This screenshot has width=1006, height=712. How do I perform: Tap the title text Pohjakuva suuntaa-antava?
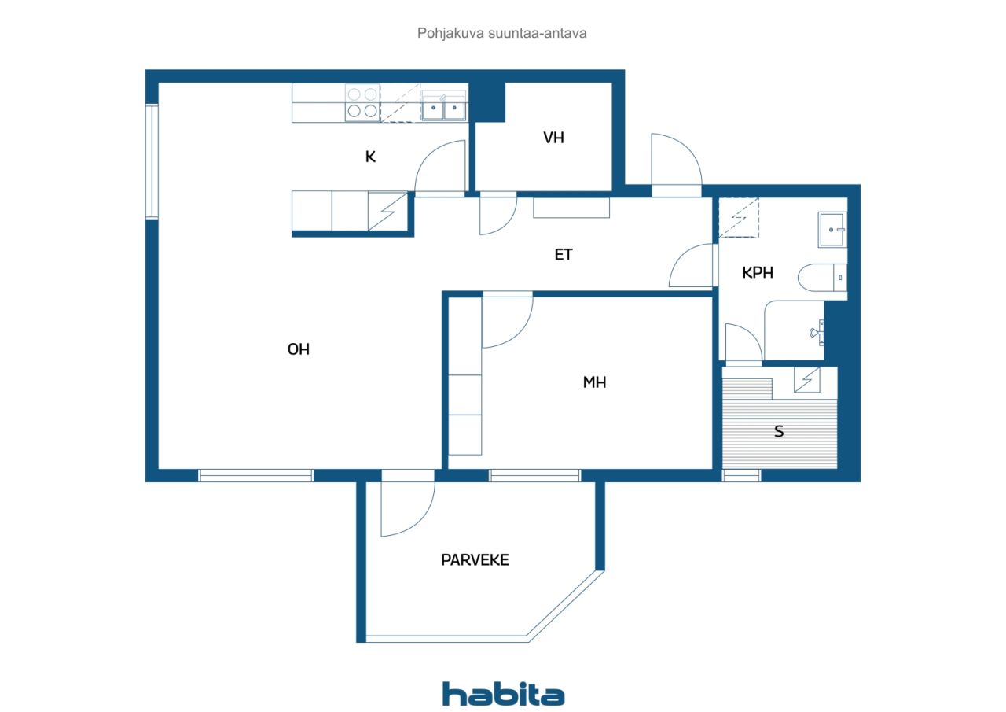coord(501,33)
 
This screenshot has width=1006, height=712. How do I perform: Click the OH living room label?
coord(298,349)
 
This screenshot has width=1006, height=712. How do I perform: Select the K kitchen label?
coord(370,157)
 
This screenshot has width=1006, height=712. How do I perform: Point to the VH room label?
coord(553,138)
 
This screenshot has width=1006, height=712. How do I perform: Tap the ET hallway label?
coord(564,255)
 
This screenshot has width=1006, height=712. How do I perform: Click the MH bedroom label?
coord(594,382)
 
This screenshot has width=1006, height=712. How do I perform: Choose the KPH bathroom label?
coord(757,272)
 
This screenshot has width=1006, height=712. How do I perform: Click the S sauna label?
coord(779,431)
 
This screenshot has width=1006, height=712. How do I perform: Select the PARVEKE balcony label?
coord(475,559)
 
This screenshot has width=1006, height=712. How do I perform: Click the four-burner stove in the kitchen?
coord(362,102)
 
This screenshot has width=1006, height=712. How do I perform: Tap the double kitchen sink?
coord(443,106)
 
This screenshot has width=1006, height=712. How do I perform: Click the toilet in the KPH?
coord(822,278)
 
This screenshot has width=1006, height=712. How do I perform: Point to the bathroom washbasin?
coord(832,230)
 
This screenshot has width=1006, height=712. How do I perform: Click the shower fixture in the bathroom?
coord(817,333)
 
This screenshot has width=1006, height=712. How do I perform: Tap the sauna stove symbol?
coord(806,380)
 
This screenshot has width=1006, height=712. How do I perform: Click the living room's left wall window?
coord(152,161)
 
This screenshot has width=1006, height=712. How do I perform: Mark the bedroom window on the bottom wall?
coord(535,475)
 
